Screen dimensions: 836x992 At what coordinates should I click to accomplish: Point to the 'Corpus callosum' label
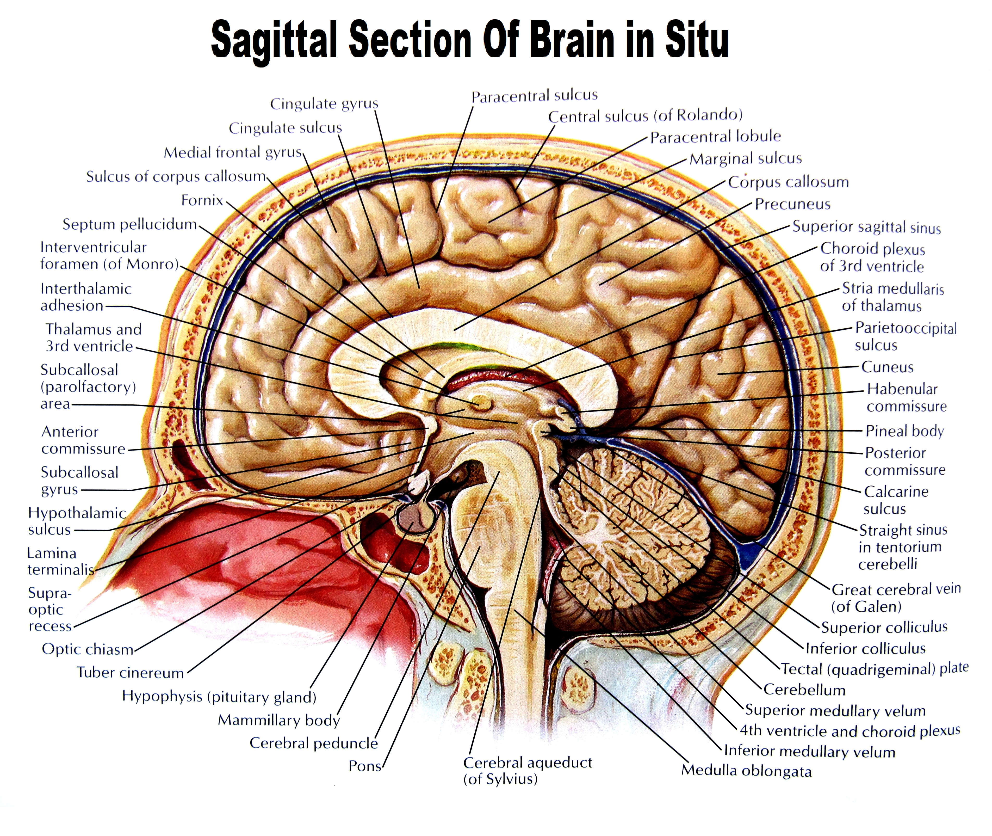click(x=788, y=182)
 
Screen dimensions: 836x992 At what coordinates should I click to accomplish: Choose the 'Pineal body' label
click(x=904, y=431)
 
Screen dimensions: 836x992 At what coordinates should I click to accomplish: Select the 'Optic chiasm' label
click(x=88, y=649)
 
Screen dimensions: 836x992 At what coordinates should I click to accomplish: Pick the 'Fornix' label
click(x=202, y=200)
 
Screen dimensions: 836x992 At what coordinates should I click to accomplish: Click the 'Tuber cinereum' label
click(x=130, y=672)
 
